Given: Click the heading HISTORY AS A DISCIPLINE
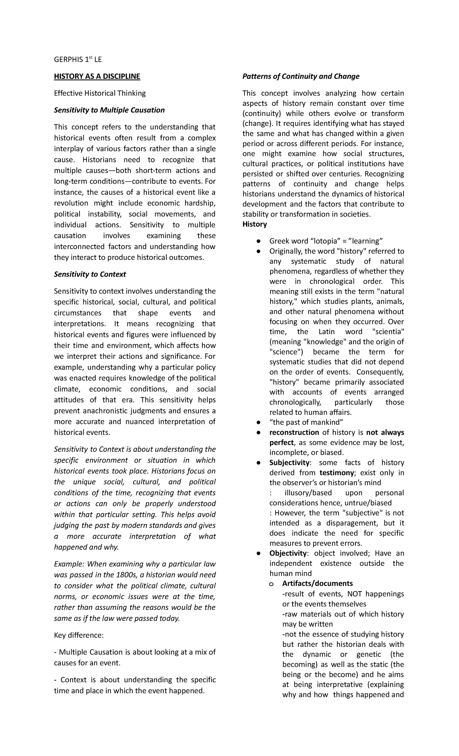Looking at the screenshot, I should tap(97, 77).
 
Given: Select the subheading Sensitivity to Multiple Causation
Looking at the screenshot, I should tap(109, 110).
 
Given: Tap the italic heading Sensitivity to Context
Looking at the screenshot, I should tap(90, 274).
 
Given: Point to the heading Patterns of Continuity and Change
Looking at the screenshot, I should tap(301, 77).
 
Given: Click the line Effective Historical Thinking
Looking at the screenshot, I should tap(99, 93).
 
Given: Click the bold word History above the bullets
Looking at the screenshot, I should tap(254, 224).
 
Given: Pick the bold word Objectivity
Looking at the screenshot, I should tap(288, 553).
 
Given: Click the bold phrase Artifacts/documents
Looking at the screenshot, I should tap(317, 583).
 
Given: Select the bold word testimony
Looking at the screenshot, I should tap(337, 473).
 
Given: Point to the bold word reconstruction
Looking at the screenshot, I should tap(294, 432).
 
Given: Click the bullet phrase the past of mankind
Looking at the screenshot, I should tap(306, 422).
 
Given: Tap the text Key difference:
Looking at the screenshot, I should tap(79, 635).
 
